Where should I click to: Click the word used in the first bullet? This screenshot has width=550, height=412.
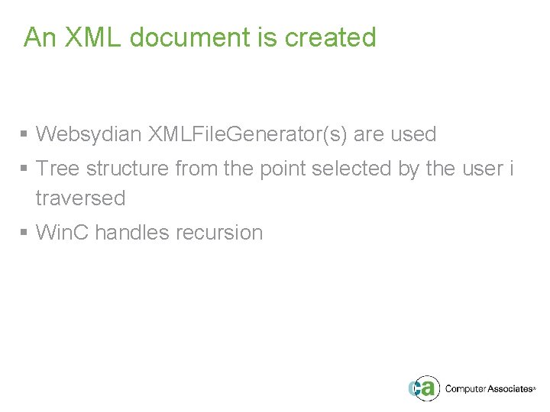point(413,135)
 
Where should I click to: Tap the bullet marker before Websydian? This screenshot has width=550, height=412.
point(24,136)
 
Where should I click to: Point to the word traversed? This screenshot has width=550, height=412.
point(80,198)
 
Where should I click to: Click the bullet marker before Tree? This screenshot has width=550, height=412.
point(24,169)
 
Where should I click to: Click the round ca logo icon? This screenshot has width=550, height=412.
point(423,388)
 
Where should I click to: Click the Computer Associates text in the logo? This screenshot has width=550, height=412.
point(488,389)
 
